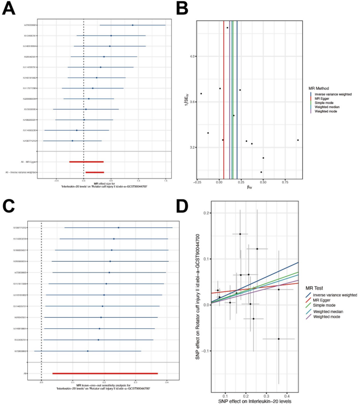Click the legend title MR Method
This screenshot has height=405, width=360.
pyautogui.click(x=321, y=88)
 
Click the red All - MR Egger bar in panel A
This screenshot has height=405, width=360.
pyautogui.click(x=86, y=162)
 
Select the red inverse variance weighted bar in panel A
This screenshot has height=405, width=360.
pyautogui.click(x=95, y=172)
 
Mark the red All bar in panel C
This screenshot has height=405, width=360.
pyautogui.click(x=105, y=373)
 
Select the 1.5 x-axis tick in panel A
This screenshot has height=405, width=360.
pyautogui.click(x=166, y=180)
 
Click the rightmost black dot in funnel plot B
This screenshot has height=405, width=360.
pyautogui.click(x=298, y=140)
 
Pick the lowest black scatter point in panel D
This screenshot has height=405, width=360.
pyautogui.click(x=279, y=339)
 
